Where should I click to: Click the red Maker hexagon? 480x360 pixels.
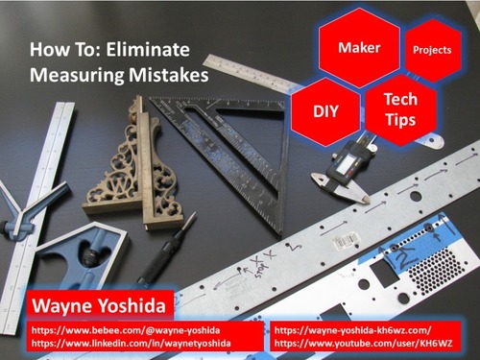point(359,47)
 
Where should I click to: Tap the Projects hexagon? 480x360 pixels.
point(432,50)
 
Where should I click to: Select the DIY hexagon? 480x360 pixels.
point(325,111)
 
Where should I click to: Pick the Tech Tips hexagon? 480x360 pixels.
point(400,109)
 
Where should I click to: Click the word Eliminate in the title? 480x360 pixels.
point(148,50)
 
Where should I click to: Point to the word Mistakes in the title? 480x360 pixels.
point(169,75)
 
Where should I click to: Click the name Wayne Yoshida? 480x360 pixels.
point(99,305)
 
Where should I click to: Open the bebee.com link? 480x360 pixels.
point(126,330)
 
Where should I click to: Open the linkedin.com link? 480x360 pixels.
point(131,344)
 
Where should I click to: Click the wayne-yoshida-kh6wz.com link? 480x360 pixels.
point(352,330)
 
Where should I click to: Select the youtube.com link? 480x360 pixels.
point(364,344)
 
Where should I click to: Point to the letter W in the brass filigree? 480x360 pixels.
point(119,186)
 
